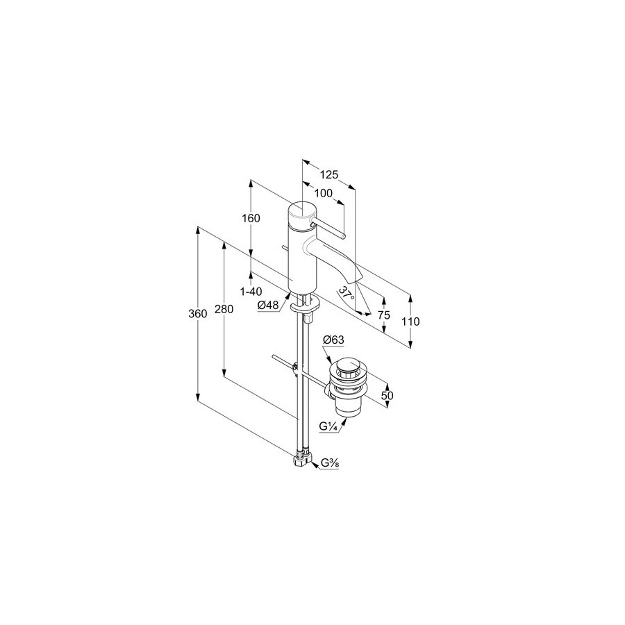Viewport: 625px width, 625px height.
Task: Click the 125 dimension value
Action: [329, 174]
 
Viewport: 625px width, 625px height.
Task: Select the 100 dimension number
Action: [323, 193]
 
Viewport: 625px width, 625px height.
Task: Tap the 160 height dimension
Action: [251, 219]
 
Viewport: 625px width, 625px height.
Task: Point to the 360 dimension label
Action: [198, 314]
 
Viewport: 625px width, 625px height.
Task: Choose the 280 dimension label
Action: [224, 309]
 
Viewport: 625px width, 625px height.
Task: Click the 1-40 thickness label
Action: [251, 292]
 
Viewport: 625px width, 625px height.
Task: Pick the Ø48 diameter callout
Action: [268, 306]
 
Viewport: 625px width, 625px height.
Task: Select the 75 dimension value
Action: [383, 315]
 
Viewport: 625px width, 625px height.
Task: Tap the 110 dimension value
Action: [411, 322]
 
